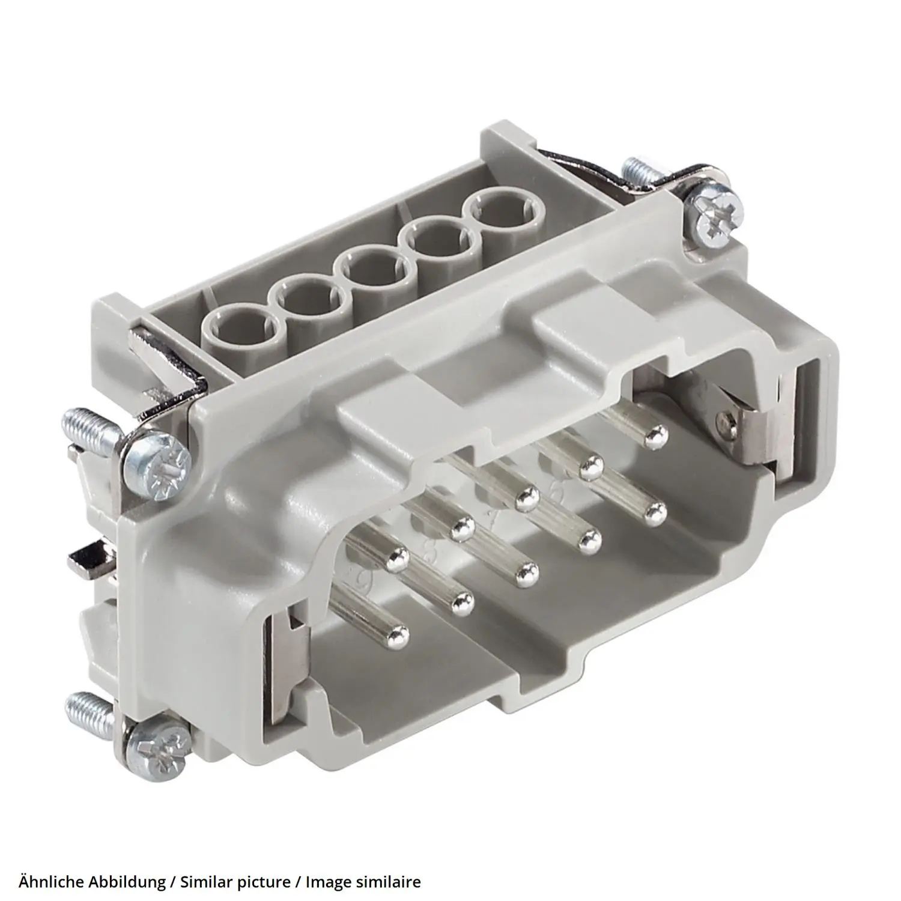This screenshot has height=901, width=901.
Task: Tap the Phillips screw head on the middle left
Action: pos(159,466)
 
